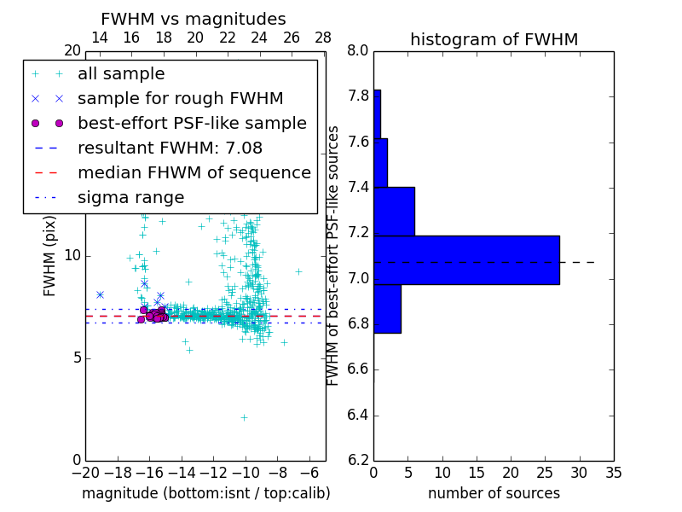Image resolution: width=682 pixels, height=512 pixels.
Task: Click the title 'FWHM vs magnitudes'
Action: (194, 19)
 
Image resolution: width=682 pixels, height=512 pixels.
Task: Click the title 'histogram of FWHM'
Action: (494, 39)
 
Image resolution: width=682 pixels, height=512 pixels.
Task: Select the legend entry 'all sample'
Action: (121, 74)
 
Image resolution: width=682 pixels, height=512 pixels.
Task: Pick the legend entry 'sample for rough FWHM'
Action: (180, 98)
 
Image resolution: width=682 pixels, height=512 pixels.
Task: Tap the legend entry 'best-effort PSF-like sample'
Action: (192, 123)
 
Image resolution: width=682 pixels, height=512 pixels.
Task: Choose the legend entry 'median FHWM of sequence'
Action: (194, 172)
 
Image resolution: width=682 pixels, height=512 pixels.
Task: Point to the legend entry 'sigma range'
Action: (130, 197)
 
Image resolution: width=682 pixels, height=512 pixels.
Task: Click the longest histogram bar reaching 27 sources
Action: (466, 259)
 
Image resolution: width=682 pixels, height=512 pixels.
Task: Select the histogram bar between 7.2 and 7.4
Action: (394, 211)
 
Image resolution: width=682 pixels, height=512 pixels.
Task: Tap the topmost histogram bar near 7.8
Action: (377, 113)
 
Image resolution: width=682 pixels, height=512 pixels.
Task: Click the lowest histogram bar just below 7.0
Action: (387, 308)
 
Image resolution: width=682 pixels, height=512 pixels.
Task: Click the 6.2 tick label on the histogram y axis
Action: (358, 461)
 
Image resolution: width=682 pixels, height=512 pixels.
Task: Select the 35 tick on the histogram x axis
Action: (613, 472)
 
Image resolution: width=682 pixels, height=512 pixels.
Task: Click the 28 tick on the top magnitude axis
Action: (323, 38)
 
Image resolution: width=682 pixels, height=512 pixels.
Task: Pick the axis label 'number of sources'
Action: (494, 493)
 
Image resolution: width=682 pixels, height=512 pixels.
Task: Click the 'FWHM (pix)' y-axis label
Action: (50, 256)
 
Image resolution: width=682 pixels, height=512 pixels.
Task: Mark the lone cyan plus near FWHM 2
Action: (244, 417)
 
